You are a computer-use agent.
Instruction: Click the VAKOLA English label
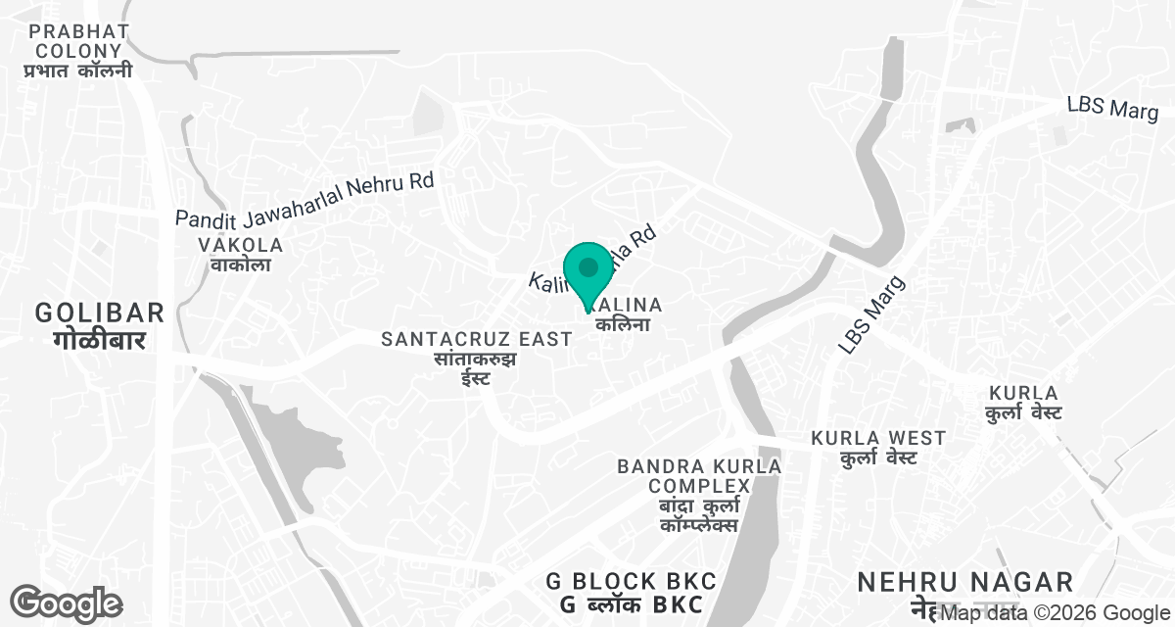240,245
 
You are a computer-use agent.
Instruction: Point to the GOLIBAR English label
99,313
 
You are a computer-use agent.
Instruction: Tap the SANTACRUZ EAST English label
476,339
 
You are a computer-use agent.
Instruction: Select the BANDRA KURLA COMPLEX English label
699,476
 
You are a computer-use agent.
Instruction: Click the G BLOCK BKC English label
632,581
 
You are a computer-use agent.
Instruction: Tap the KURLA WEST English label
878,438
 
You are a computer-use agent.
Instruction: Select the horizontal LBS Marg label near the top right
1112,108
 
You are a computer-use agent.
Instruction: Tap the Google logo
66,603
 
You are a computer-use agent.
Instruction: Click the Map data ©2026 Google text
1054,614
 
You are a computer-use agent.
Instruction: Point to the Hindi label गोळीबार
99,340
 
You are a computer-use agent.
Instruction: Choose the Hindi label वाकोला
240,265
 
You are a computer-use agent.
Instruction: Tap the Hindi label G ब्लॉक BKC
632,604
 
